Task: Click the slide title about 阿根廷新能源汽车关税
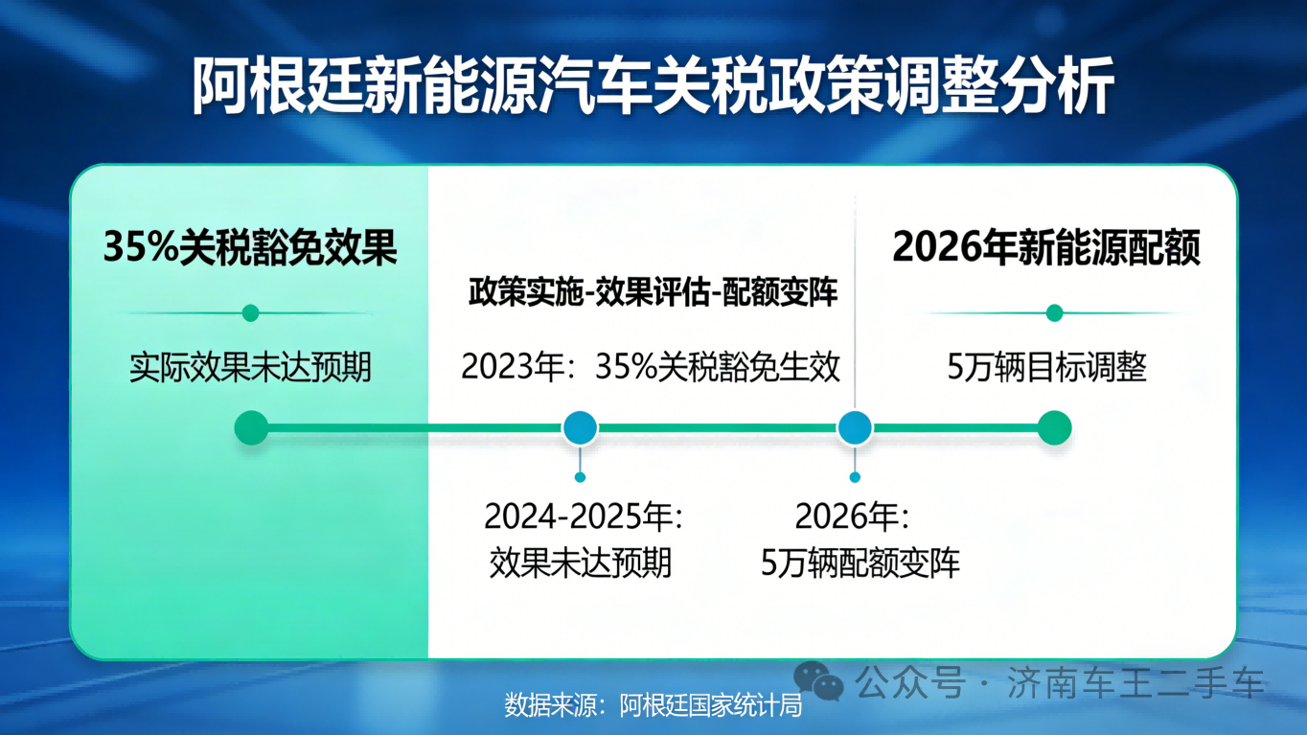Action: click(x=653, y=86)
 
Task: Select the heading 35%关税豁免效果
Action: click(x=250, y=248)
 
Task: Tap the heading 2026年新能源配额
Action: click(x=1046, y=248)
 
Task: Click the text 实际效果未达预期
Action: click(x=250, y=367)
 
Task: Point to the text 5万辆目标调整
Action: click(x=1046, y=368)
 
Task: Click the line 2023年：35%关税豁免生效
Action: click(x=651, y=367)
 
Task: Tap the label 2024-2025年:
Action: click(x=582, y=517)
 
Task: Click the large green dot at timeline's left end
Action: click(x=251, y=427)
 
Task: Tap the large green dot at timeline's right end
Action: click(x=1054, y=427)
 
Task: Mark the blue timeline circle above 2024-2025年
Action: click(x=580, y=427)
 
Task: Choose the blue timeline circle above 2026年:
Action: click(x=855, y=427)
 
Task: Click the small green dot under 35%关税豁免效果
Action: click(x=251, y=312)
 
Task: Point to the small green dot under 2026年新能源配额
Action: click(x=1054, y=312)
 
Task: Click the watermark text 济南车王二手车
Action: click(x=1136, y=683)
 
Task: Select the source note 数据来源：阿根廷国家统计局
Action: click(x=653, y=706)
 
